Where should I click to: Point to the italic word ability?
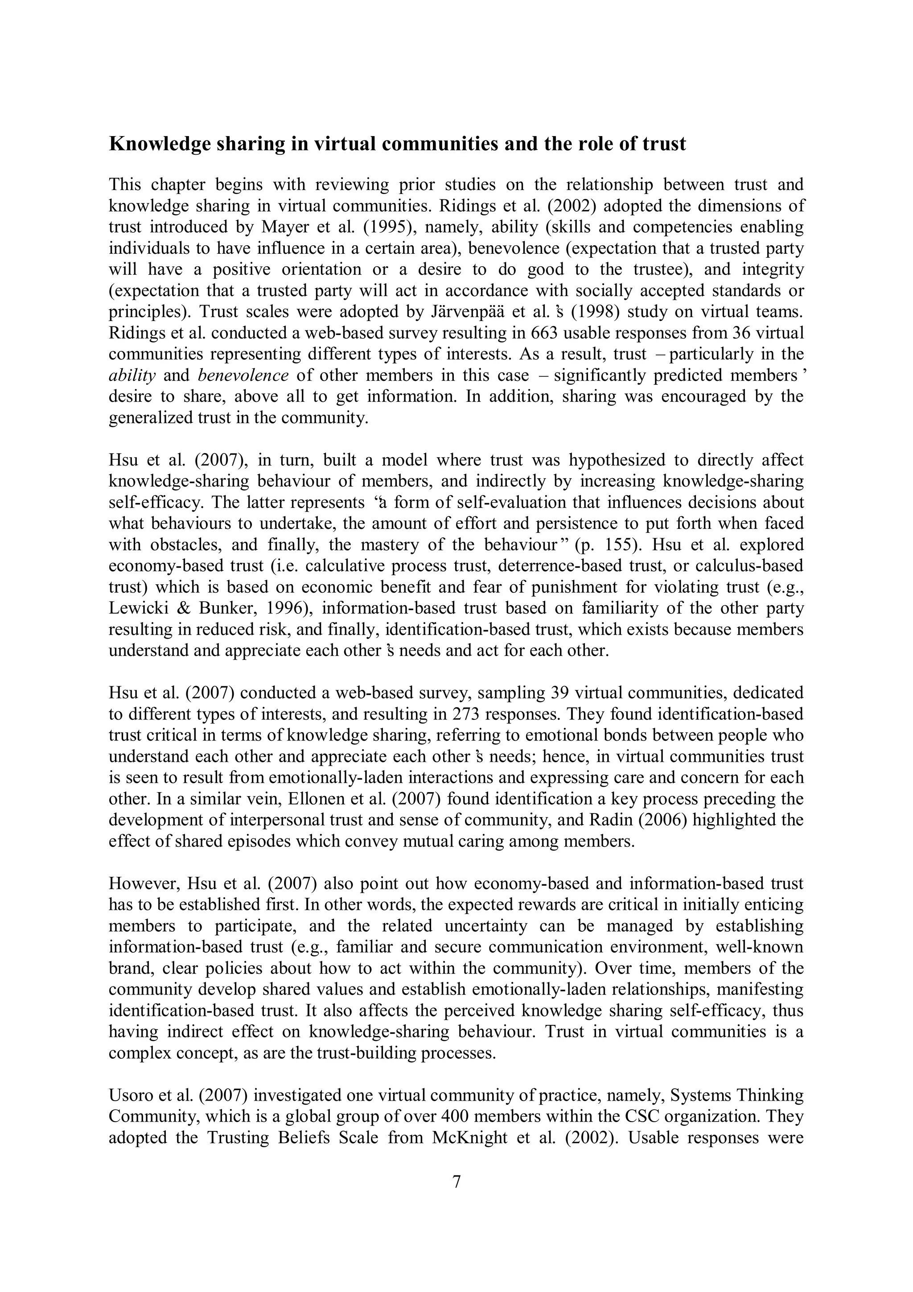132,376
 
